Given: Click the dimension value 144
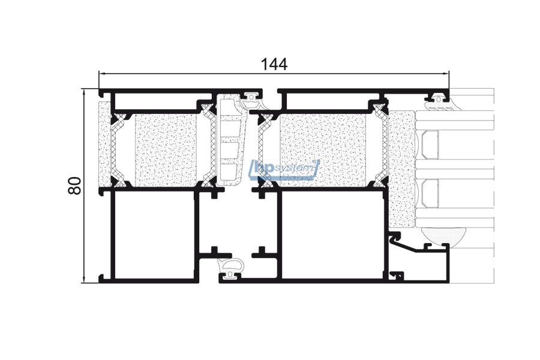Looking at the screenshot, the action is pos(274,64).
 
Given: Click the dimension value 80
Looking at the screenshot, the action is pos(75,185).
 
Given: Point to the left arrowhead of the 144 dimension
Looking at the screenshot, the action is pos(102,73).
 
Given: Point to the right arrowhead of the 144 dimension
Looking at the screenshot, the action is pos(446,73).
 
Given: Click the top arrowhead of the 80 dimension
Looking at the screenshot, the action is pos(83,92).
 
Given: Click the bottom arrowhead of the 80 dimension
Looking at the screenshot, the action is pos(83,280).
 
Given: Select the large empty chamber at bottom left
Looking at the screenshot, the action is pos(154,235).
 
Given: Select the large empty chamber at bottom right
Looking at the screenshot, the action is pos(332,235).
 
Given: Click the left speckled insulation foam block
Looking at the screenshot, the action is pos(166,151).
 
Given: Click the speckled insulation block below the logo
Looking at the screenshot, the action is pos(323,151).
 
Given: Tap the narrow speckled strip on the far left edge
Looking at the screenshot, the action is pos(104,145).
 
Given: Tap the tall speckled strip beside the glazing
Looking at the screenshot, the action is pos(401,169).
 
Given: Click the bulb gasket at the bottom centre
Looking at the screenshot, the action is pos(230,269).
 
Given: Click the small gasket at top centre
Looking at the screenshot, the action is pos(253,100).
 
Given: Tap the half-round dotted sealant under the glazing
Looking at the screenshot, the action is pos(443,236).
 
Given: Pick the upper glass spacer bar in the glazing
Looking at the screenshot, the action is pos(430,145).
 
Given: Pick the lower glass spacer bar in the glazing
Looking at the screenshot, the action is pos(430,193).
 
